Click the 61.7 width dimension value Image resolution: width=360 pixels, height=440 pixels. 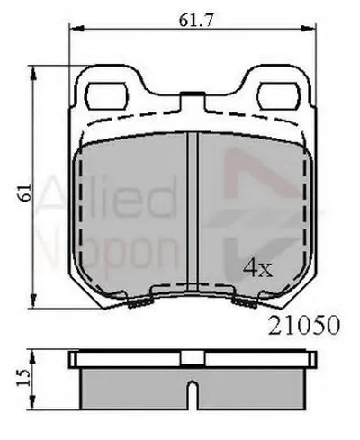(x=196, y=20)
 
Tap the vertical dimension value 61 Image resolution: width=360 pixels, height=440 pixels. (x=25, y=193)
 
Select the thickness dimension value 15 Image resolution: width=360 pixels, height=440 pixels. (x=23, y=378)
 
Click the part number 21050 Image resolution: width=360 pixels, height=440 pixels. (x=304, y=325)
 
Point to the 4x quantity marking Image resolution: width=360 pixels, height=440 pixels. (x=257, y=268)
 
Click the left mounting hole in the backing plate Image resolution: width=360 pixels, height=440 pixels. (x=107, y=96)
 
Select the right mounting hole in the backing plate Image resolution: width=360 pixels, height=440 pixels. (x=280, y=96)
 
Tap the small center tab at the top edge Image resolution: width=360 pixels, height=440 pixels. (x=193, y=94)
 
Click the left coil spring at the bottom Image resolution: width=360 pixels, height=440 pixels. (x=140, y=303)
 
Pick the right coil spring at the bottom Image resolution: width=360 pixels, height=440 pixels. (x=245, y=303)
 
